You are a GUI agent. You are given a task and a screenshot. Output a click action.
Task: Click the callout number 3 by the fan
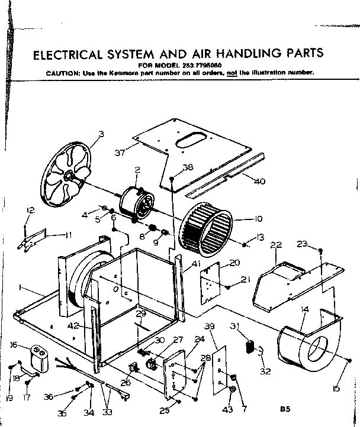[101, 134]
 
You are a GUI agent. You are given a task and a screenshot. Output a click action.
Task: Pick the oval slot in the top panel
[190, 140]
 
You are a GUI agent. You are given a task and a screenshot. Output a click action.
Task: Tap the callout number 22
[275, 245]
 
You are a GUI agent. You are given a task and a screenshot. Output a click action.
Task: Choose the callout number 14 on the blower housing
[304, 309]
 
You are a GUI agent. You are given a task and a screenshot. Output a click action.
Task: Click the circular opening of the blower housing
[317, 345]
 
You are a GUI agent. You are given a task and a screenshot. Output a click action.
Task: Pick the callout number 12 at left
[30, 210]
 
